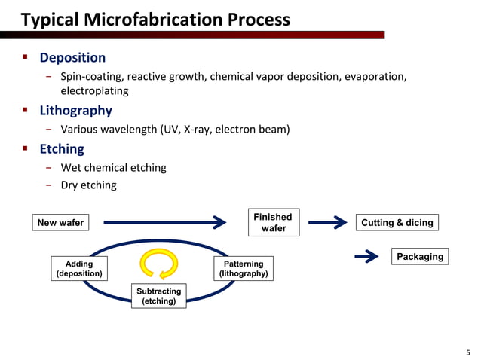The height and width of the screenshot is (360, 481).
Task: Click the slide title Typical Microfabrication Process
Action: (155, 19)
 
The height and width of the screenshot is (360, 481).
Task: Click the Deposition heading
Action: (72, 57)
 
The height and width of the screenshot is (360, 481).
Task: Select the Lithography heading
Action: (75, 111)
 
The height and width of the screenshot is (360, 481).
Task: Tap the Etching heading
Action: (62, 148)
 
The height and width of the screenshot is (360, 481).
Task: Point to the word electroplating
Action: (94, 90)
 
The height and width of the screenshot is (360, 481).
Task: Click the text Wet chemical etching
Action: (113, 167)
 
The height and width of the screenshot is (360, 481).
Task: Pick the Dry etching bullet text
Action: (88, 185)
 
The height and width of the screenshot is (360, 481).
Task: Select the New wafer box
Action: (60, 222)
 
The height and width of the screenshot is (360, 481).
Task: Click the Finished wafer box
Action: (273, 222)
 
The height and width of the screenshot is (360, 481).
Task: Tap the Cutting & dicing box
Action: (397, 222)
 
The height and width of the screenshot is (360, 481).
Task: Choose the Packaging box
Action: (419, 257)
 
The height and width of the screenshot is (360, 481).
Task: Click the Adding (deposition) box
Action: (79, 269)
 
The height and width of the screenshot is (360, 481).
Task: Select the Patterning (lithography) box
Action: (244, 269)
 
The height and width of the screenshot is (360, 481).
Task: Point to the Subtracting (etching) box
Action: (158, 296)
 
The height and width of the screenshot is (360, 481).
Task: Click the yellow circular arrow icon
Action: (159, 264)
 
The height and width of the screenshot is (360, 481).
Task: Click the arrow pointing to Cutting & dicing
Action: (327, 222)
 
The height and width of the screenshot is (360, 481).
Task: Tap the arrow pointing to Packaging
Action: (366, 258)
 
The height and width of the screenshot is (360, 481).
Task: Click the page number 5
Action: (468, 351)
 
